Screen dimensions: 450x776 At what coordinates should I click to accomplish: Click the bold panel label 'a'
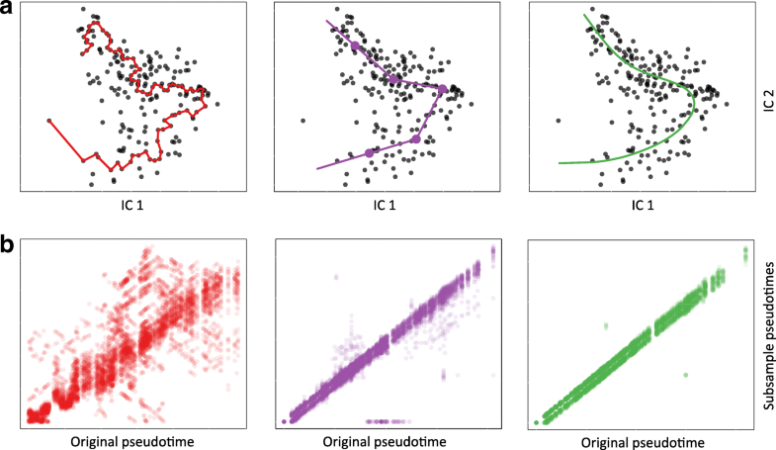click(x=8, y=10)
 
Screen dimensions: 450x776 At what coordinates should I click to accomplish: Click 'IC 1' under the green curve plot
click(x=642, y=206)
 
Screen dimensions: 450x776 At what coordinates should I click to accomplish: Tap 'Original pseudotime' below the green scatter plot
click(x=644, y=440)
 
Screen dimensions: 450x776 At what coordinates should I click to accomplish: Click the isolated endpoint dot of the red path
click(x=47, y=121)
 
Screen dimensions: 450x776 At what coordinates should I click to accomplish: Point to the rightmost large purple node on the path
click(x=442, y=89)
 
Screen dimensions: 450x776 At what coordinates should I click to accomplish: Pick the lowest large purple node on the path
click(x=370, y=152)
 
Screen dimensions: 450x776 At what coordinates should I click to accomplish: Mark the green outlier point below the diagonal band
click(x=685, y=375)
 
